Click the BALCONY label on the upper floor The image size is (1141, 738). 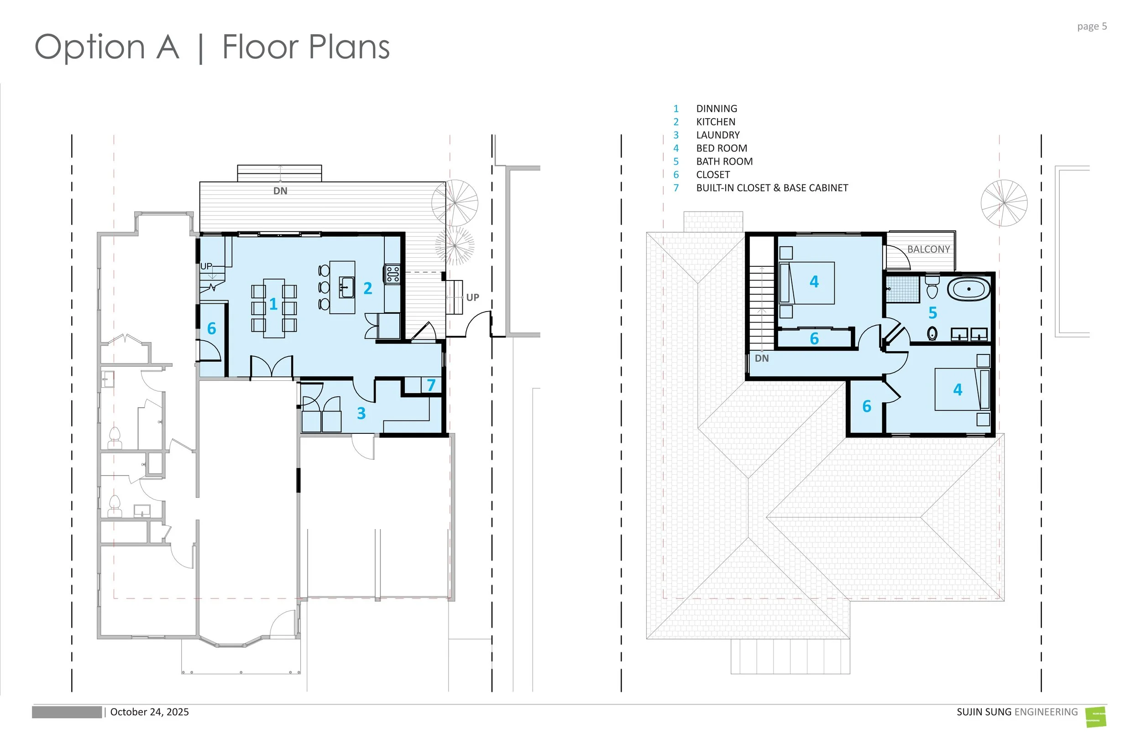[x=928, y=249]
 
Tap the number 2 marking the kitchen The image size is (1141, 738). [x=368, y=288]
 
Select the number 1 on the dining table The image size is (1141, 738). [x=273, y=304]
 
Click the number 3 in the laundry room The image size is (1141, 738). [x=361, y=413]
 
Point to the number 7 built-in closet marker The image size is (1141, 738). [x=431, y=385]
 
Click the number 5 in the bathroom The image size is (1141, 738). [x=932, y=313]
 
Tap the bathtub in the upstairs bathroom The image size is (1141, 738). [x=969, y=290]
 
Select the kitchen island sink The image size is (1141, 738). [x=346, y=287]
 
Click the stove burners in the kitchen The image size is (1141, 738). [x=393, y=274]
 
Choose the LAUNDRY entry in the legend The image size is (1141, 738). [x=717, y=135]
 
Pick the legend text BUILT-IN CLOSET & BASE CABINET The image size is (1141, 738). [x=772, y=188]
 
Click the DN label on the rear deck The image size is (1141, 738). [x=280, y=191]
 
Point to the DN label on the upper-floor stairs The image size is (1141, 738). [x=762, y=359]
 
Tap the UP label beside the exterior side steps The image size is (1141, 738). [x=472, y=297]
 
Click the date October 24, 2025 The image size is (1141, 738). [x=150, y=712]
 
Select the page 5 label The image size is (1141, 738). [x=1092, y=26]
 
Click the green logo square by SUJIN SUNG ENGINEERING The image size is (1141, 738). [x=1096, y=717]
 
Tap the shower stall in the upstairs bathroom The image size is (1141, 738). [x=902, y=289]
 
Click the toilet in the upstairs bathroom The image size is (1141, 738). [x=932, y=286]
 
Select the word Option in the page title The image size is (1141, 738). [x=90, y=47]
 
